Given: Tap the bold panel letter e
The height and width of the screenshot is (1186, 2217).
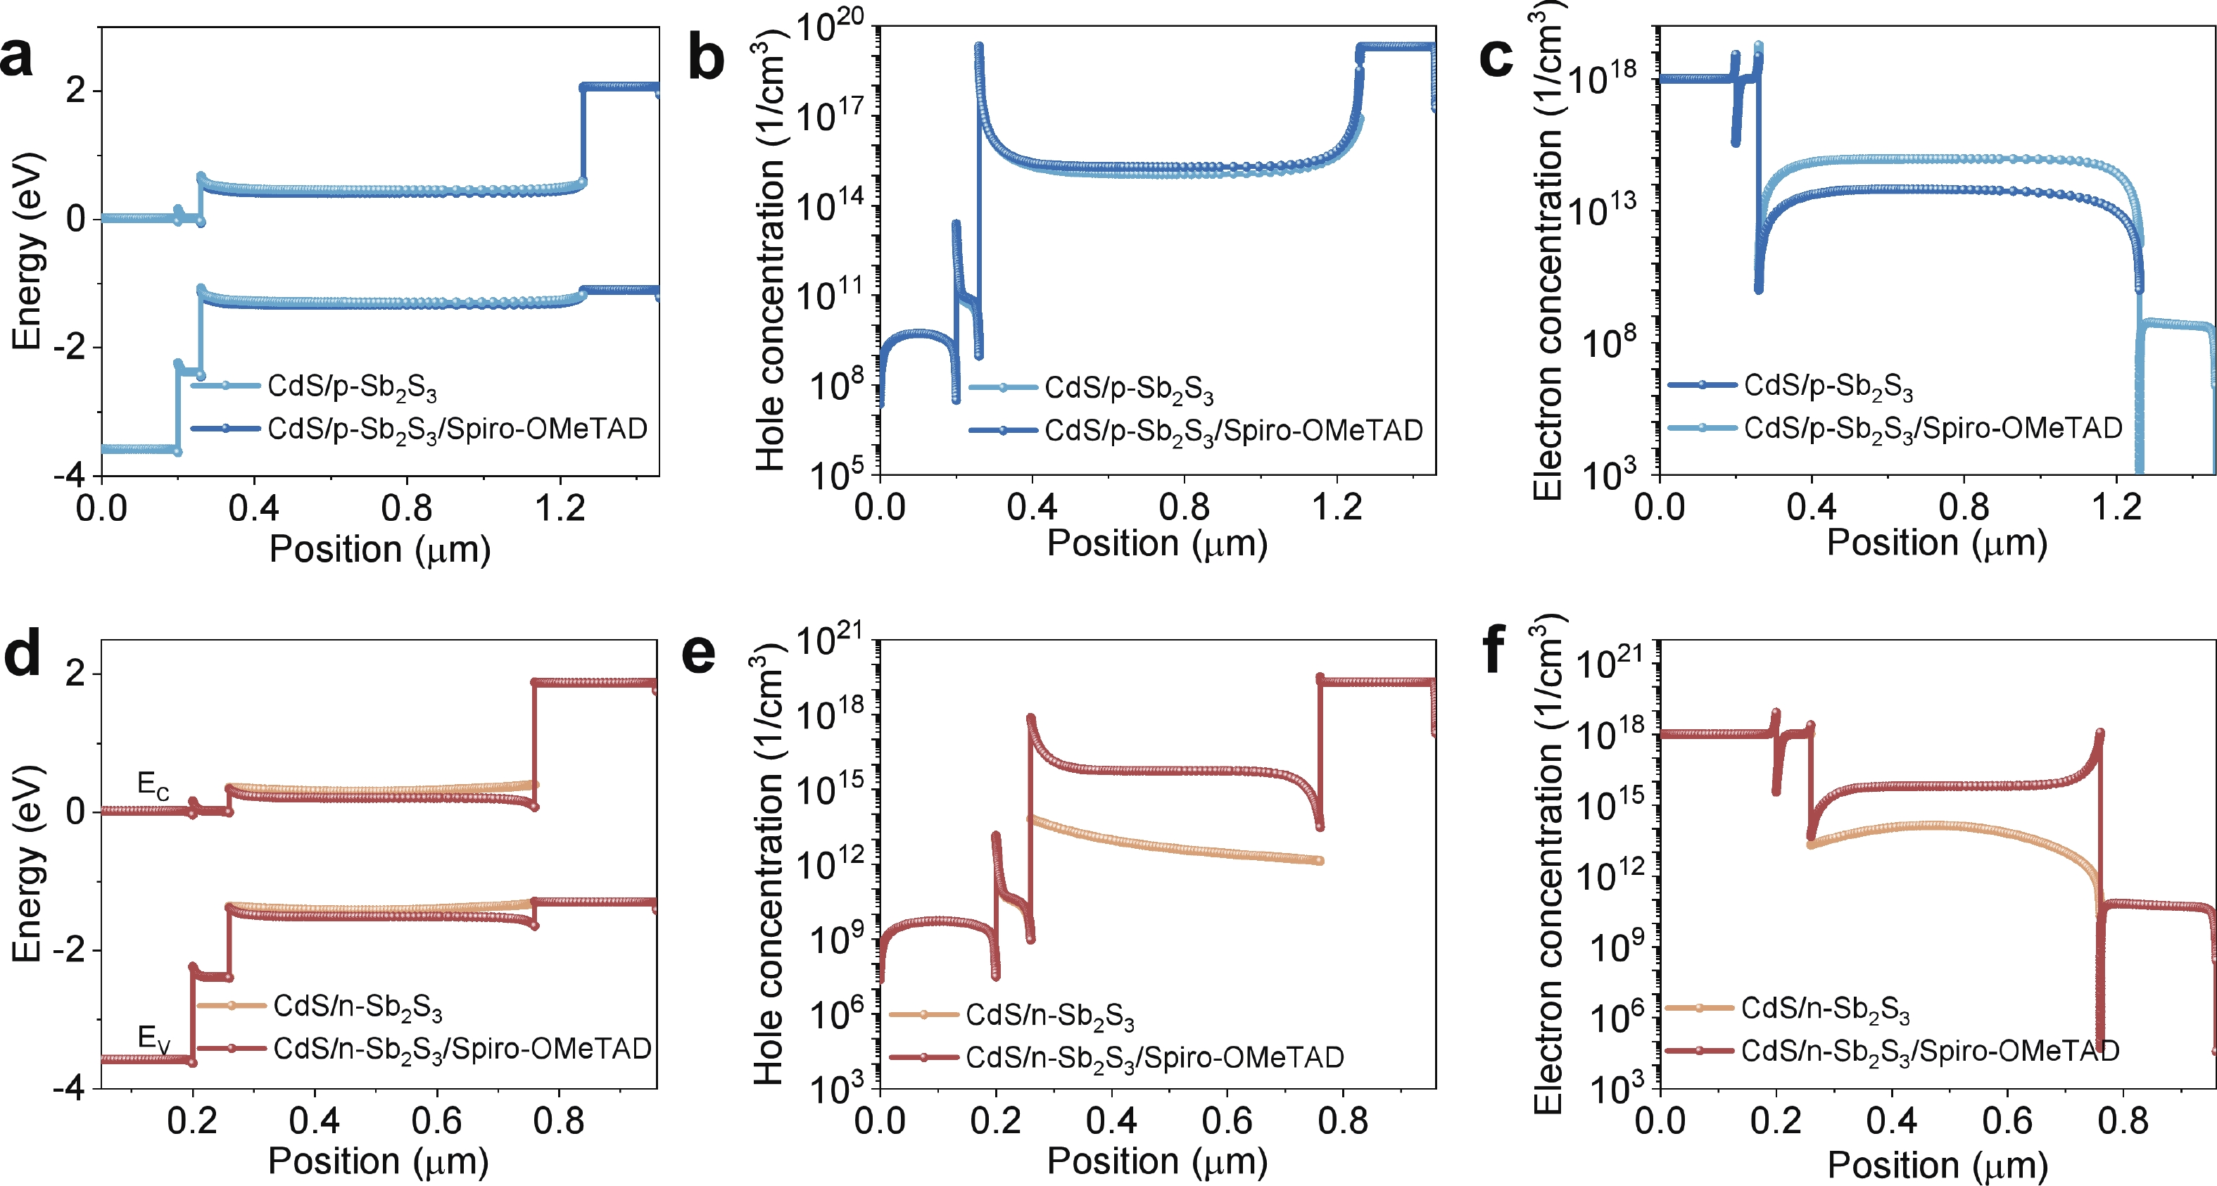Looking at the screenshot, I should pos(698,654).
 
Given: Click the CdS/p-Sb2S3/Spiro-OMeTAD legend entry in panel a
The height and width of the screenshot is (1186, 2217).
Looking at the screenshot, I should pos(456,429).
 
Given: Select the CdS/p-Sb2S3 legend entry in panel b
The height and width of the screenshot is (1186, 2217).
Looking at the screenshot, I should pos(1128,389).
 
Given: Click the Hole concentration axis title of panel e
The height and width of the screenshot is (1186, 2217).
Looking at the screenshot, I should pos(769,869).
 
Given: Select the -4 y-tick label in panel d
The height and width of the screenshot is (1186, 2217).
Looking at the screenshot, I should pos(69,1088).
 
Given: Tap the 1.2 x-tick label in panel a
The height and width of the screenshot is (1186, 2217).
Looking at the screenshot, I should pos(560,509).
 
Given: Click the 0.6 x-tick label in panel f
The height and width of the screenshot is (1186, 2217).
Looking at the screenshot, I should pos(2007,1121).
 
